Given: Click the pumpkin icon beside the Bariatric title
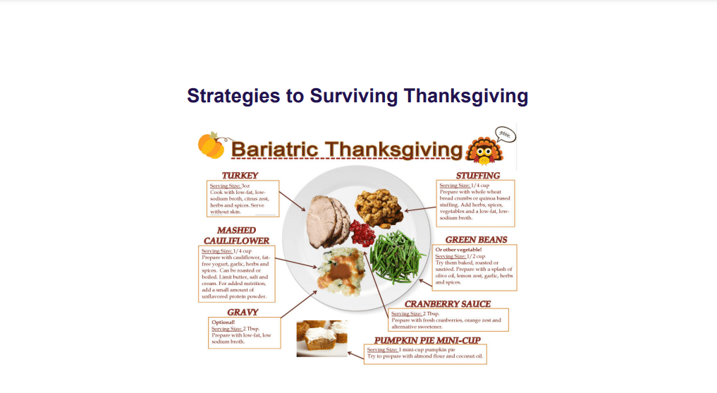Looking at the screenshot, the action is click(212, 145).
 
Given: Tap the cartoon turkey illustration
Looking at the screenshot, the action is click(484, 150).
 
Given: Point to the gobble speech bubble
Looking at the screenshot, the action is click(505, 135).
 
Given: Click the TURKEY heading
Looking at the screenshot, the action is click(240, 176).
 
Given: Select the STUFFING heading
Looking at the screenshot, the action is click(478, 176).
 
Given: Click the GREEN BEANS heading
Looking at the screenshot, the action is click(476, 240).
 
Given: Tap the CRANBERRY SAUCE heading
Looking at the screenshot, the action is click(448, 304).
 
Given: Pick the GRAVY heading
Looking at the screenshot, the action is click(243, 312).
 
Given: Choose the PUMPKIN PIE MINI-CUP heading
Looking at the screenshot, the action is click(427, 340).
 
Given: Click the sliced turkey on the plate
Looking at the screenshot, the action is click(326, 222).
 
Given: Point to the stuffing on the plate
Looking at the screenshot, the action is click(379, 208).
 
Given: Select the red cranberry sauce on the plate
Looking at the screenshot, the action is click(362, 233).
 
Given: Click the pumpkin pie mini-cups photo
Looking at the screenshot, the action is click(322, 339).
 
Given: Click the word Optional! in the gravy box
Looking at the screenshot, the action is click(223, 322).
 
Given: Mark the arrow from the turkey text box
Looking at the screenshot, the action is click(292, 201).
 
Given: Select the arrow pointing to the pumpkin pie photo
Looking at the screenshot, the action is click(356, 355).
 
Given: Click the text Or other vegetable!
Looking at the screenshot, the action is click(459, 250).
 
